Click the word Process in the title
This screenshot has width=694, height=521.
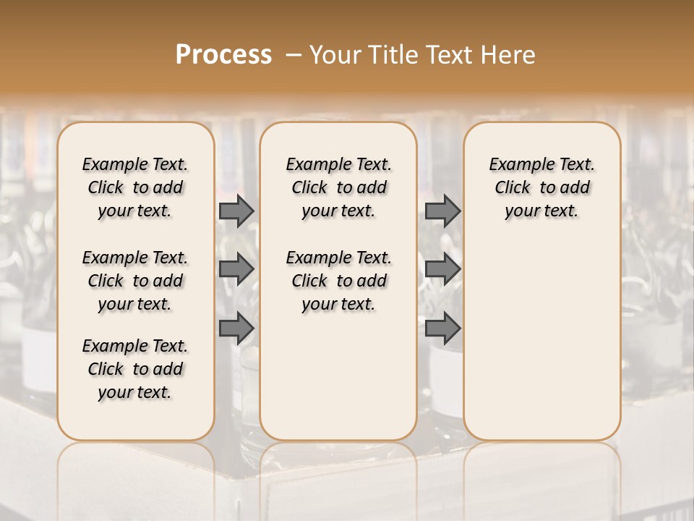[x=223, y=55]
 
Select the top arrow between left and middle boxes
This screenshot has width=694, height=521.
[x=236, y=211]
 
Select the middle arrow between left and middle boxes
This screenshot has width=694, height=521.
[x=236, y=269]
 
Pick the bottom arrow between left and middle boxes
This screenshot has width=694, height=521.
[x=236, y=329]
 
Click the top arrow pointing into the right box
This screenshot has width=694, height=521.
[x=442, y=211]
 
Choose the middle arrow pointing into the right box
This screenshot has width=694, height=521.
[x=442, y=269]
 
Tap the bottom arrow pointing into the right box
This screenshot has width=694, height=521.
[x=442, y=329]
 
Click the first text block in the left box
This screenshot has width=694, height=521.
[x=135, y=187]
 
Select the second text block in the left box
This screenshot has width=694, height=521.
[x=135, y=281]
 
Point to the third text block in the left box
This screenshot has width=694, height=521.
[x=135, y=369]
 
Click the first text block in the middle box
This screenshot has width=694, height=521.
[x=338, y=187]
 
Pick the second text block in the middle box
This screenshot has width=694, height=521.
[x=338, y=281]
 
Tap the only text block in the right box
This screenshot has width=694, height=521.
[x=541, y=187]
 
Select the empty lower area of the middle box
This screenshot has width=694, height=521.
[x=338, y=376]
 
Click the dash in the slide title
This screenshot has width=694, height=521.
[x=294, y=55]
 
